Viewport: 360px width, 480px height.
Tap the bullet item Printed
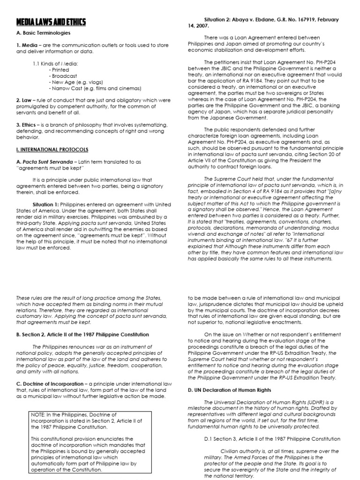coord(60,69)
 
